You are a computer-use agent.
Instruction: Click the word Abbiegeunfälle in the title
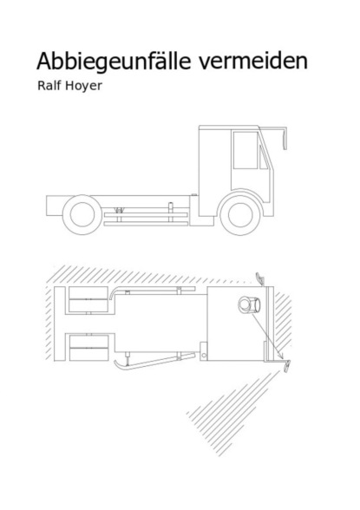point(114,61)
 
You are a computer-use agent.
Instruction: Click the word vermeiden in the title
point(253,61)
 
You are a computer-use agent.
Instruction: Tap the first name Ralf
point(49,85)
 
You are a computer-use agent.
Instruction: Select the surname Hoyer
point(83,86)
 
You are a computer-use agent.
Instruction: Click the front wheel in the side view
point(240,215)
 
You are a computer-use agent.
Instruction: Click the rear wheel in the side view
point(82,214)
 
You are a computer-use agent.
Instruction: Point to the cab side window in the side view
point(245,150)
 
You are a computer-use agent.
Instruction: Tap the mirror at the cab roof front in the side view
point(285,139)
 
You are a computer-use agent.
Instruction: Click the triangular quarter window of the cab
point(263,158)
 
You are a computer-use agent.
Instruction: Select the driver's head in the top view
point(249,304)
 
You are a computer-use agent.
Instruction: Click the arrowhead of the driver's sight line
point(281,356)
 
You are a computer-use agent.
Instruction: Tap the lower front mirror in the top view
point(287,367)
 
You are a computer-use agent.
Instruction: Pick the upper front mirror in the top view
point(260,278)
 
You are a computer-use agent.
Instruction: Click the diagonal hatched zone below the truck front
point(232,414)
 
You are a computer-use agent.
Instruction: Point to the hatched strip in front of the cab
point(284,320)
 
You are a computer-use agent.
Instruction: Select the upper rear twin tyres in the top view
point(88,299)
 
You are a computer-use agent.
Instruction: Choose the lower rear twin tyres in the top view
point(88,348)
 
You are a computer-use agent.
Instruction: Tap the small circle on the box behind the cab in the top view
point(204,356)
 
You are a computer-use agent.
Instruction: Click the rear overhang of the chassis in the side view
point(55,206)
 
